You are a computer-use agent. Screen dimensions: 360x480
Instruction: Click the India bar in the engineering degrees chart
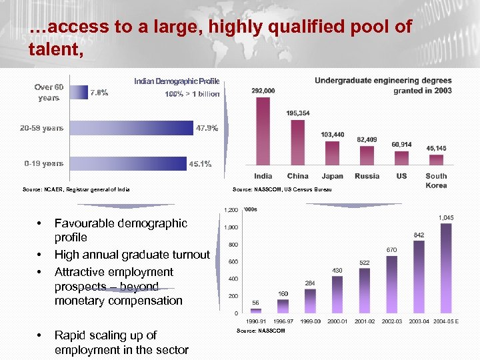(x=263, y=131)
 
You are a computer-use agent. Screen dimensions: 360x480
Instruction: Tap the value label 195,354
(x=298, y=113)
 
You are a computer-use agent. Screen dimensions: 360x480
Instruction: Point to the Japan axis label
(x=332, y=176)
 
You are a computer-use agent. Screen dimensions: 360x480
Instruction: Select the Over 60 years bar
(x=79, y=92)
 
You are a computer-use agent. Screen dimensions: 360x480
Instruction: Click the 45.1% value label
(x=200, y=164)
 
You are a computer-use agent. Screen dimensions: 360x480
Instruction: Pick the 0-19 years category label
(x=44, y=163)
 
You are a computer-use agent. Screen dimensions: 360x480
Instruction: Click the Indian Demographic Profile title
(x=177, y=81)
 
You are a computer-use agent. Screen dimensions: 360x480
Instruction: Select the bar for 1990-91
(x=256, y=311)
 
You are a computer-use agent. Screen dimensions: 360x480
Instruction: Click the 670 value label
(x=392, y=250)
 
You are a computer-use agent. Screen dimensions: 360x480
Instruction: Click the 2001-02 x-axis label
(x=365, y=321)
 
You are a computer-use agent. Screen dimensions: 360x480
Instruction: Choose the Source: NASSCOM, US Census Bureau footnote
(x=281, y=191)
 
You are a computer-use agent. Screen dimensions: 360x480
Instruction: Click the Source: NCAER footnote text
(x=76, y=190)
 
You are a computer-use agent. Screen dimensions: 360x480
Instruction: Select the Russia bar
(x=367, y=155)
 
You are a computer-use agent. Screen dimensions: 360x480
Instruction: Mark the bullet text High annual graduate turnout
(x=132, y=255)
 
